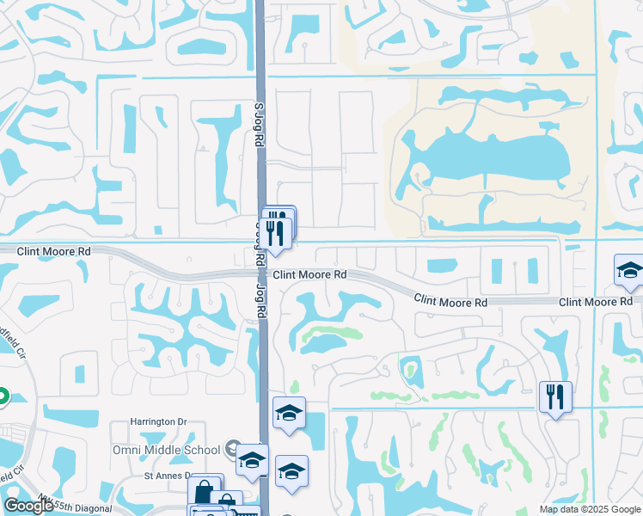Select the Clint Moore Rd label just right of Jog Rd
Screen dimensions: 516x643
click(310, 275)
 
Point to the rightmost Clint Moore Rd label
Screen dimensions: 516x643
click(594, 302)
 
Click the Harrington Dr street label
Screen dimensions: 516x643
click(158, 422)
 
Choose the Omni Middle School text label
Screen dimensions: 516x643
click(167, 450)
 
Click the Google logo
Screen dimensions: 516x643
click(28, 506)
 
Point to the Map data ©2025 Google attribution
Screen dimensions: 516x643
click(589, 509)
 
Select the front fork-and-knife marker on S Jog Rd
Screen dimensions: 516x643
click(275, 232)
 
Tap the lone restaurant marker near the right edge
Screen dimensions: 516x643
click(554, 396)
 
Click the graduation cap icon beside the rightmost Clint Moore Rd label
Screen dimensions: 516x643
click(629, 270)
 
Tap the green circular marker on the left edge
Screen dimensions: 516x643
click(2, 396)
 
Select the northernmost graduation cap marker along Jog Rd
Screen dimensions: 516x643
click(289, 413)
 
